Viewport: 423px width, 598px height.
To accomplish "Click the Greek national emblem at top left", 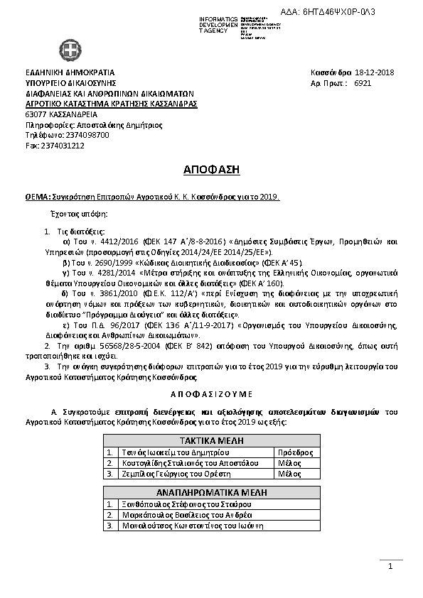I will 70,51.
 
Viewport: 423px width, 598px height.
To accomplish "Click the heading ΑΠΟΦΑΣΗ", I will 211,170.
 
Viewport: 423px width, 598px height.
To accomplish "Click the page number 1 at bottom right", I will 390,566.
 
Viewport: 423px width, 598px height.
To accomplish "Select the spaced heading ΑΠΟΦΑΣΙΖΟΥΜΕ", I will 211,393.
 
